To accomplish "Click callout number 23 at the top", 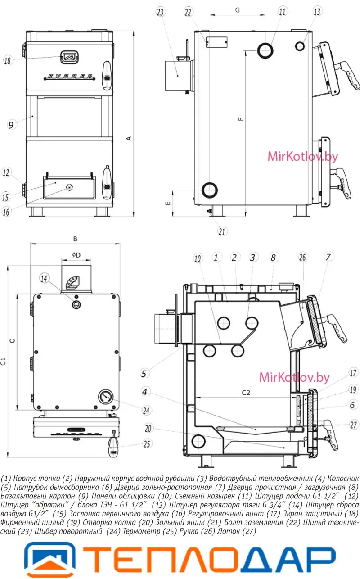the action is (160, 12).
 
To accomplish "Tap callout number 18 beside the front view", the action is (8, 60).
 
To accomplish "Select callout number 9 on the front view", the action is (11, 125).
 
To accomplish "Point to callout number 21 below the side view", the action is (222, 231).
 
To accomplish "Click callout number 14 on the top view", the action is (44, 278).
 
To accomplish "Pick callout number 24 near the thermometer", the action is (146, 411).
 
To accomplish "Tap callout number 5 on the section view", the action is (144, 373).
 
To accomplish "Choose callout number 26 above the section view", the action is (302, 257).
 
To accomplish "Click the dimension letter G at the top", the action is (238, 10).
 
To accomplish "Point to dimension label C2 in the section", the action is (246, 393).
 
